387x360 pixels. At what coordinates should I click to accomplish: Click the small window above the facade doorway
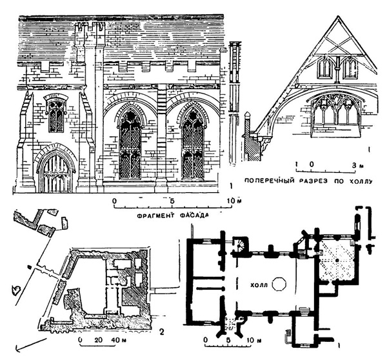click(56, 115)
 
